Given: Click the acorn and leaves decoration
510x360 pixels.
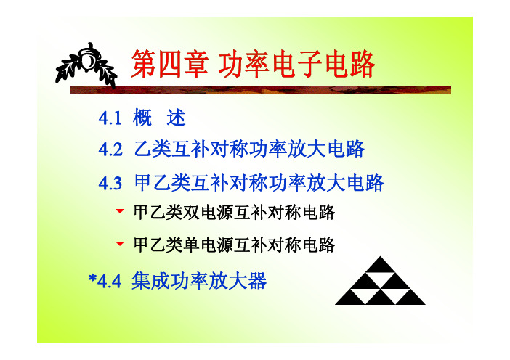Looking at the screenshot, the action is pos(86,65).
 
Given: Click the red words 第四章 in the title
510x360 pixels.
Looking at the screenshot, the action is pos(170,65).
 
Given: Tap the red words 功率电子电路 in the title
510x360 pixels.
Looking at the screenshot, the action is pos(296,65).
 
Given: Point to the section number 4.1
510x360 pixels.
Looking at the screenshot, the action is pos(110,118).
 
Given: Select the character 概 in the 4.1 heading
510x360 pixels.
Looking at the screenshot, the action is pos(142,118).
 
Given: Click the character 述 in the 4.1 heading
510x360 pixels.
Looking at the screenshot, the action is pos(176,118).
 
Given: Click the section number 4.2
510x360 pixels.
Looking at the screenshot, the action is pos(110,150).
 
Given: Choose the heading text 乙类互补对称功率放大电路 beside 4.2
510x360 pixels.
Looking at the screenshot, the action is pos(249,150).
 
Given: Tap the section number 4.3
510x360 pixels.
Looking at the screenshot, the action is pos(110,183).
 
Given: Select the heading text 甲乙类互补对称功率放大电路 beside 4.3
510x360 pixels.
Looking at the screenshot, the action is pos(259,183).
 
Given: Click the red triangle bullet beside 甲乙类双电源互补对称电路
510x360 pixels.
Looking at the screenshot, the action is pos(120,211).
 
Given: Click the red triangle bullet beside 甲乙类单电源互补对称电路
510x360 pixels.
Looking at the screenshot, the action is pos(120,243).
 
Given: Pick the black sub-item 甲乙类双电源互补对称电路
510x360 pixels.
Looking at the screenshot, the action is pos(234,213).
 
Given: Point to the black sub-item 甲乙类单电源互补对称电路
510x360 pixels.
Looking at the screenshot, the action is pos(234,245).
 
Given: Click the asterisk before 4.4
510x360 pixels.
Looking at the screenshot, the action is pos(93,279).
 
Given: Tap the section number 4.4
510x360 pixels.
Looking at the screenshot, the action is pos(110,282).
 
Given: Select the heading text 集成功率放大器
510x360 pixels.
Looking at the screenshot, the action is pos(199,281).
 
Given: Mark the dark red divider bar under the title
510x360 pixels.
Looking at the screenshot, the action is pos(260,90).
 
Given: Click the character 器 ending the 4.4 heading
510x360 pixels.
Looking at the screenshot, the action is pos(257,281).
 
